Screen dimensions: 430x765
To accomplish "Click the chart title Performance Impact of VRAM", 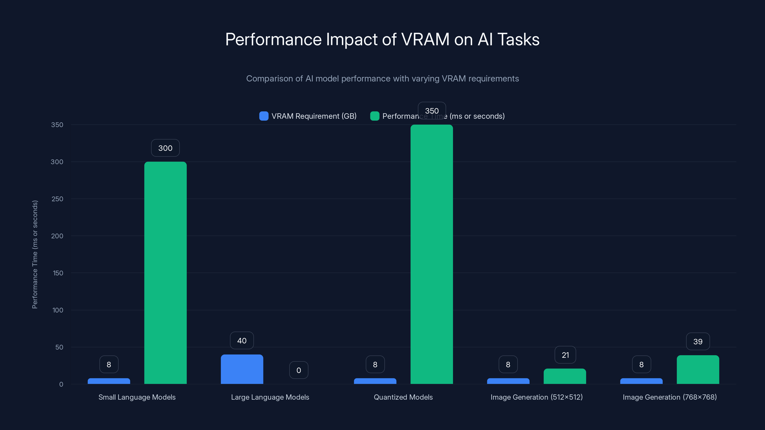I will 382,39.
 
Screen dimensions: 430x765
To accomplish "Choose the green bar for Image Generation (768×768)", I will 698,370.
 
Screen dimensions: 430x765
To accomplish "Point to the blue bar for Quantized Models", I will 375,381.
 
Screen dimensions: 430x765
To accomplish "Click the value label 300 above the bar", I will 165,148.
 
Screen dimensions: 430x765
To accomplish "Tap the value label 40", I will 242,340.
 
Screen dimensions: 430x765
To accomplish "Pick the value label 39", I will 698,341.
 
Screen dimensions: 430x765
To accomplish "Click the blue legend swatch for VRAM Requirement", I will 264,116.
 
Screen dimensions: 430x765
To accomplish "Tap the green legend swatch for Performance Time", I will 374,116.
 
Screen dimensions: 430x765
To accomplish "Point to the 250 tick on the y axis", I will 57,199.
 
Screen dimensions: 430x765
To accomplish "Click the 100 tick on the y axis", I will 58,310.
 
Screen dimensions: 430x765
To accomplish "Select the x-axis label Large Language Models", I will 270,397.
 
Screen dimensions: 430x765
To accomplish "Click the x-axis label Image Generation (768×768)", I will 669,397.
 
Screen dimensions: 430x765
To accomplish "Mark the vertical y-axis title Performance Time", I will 35,254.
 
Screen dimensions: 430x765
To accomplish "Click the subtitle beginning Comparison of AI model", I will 382,79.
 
